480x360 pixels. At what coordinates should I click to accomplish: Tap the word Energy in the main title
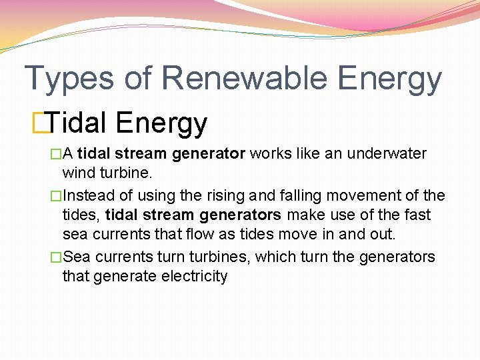389,79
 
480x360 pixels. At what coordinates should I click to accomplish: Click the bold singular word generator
209,154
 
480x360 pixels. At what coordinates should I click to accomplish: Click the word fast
417,215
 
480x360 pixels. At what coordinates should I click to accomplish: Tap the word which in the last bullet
275,257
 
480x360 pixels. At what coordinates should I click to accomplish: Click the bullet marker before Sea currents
57,257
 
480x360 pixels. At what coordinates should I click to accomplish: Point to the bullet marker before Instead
57,195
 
